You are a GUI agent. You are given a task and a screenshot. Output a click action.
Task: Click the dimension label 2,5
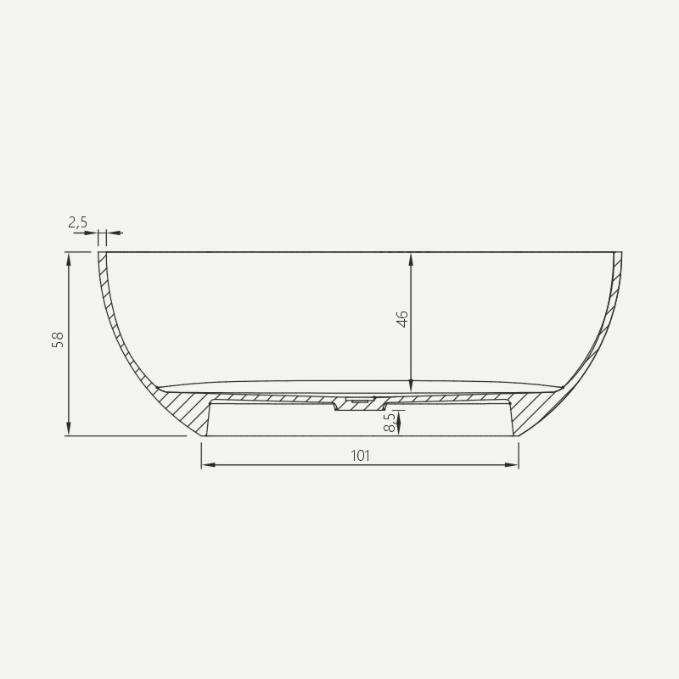click(x=78, y=222)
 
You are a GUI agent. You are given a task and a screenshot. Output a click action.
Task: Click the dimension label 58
click(x=58, y=339)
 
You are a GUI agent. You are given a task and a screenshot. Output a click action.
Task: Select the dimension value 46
click(x=402, y=319)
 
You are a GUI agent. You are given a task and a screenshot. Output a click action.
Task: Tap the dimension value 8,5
click(x=390, y=422)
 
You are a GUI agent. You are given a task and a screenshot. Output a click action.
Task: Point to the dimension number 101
click(x=360, y=456)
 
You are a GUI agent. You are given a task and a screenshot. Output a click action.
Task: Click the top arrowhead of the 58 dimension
click(x=69, y=259)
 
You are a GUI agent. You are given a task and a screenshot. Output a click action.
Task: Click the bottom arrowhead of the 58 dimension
click(x=69, y=429)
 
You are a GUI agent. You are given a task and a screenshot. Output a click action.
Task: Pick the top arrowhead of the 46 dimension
click(x=411, y=259)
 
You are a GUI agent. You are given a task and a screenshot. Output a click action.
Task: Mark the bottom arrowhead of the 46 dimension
click(x=411, y=385)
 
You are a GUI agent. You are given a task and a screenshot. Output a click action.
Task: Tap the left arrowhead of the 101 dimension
click(x=209, y=465)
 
